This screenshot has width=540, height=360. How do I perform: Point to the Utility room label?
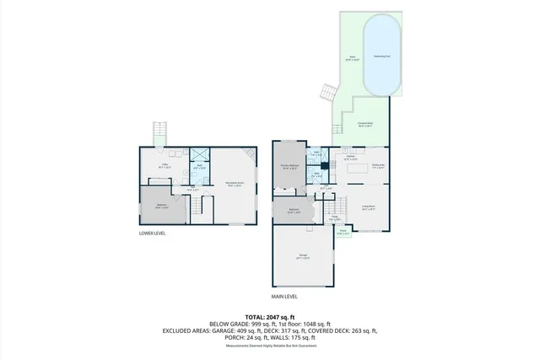click(x=165, y=165)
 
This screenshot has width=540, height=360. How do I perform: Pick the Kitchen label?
click(x=349, y=158)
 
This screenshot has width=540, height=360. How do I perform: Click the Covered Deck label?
click(x=365, y=125)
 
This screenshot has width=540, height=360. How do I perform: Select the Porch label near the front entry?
click(x=343, y=231)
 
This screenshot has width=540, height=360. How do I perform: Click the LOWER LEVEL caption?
click(x=153, y=234)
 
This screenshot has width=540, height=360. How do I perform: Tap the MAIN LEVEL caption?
click(x=284, y=297)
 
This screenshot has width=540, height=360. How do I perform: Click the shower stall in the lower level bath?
click(x=201, y=155)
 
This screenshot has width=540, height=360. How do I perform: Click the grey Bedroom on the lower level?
click(x=161, y=207)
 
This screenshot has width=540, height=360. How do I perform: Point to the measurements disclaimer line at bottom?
click(x=269, y=346)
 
